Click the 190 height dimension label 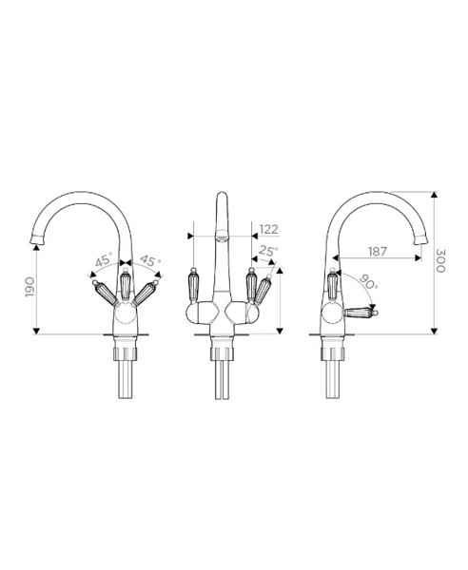[29, 287]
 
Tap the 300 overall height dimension [440, 261]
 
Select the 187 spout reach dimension [378, 251]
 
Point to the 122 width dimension [269, 229]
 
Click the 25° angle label [268, 251]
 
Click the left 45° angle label [104, 260]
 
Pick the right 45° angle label [150, 260]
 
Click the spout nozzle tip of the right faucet [420, 239]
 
